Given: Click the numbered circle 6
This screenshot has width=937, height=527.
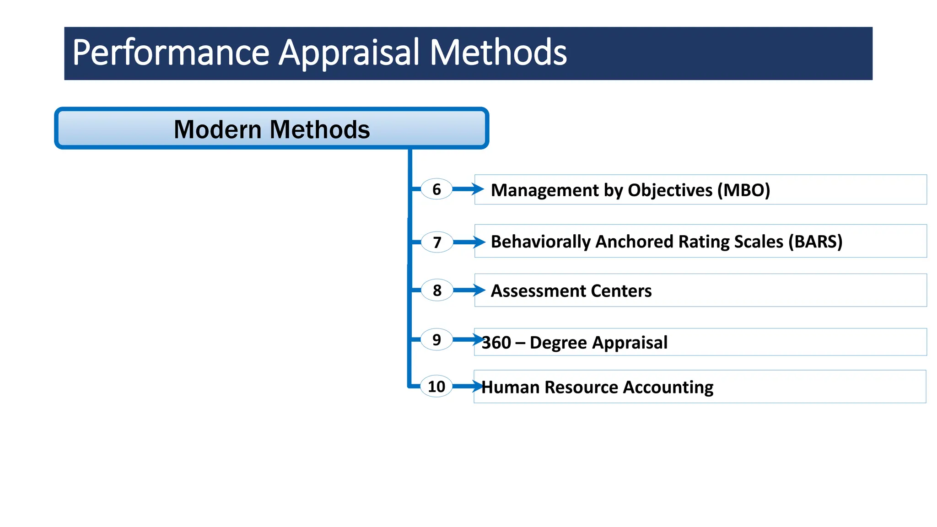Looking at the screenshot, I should [436, 189].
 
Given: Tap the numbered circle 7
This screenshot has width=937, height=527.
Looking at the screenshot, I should [437, 242].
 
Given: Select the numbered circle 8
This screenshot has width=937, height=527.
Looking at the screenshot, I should [437, 290].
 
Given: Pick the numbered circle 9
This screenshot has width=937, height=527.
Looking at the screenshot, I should [437, 339].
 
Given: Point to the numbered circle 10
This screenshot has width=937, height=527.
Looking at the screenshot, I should [436, 387].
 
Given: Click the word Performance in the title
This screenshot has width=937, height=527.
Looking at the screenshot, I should [171, 53].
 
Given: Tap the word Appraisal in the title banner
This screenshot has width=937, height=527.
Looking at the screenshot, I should [349, 53].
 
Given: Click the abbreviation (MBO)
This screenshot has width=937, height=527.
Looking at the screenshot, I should [743, 190].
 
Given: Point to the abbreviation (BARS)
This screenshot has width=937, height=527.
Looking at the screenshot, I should [815, 242].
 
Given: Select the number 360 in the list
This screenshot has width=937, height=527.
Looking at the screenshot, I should [496, 343].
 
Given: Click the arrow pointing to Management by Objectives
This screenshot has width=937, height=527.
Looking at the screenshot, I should [468, 189].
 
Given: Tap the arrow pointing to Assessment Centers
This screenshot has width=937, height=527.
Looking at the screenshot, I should [469, 290].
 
